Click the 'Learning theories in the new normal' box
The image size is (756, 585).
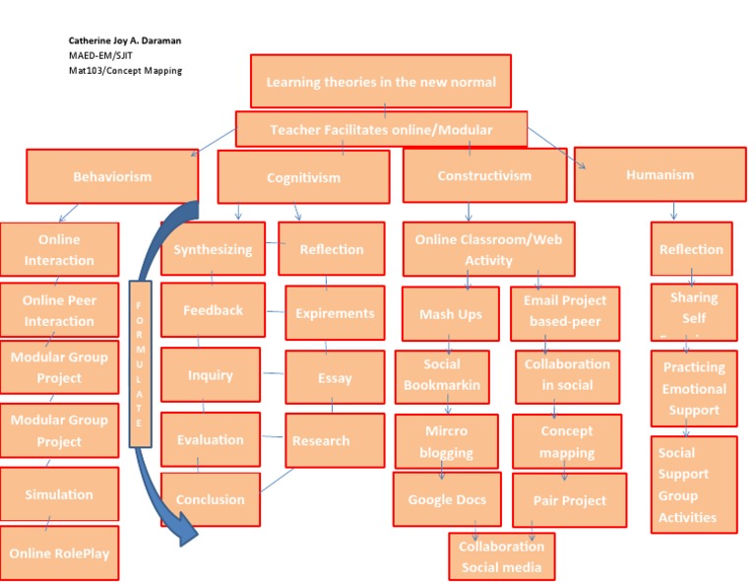click(381, 82)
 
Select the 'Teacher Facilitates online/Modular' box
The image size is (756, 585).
click(381, 129)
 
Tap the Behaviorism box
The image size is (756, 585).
click(112, 176)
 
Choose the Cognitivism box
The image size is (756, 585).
click(303, 177)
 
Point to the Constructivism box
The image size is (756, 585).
click(483, 175)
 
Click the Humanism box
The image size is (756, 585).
click(660, 174)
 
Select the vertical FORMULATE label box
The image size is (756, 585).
click(140, 363)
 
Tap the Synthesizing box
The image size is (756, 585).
click(213, 249)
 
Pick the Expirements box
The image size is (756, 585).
click(335, 313)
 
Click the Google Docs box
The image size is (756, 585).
click(447, 499)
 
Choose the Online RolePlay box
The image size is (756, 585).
click(59, 552)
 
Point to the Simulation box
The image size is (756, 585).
click(59, 494)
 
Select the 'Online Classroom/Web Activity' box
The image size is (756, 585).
click(488, 249)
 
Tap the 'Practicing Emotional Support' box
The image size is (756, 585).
click(693, 388)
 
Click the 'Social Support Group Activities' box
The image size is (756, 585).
click(693, 485)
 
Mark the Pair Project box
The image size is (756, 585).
click(569, 500)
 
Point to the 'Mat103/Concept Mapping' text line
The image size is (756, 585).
click(118, 70)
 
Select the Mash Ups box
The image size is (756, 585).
click(450, 314)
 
